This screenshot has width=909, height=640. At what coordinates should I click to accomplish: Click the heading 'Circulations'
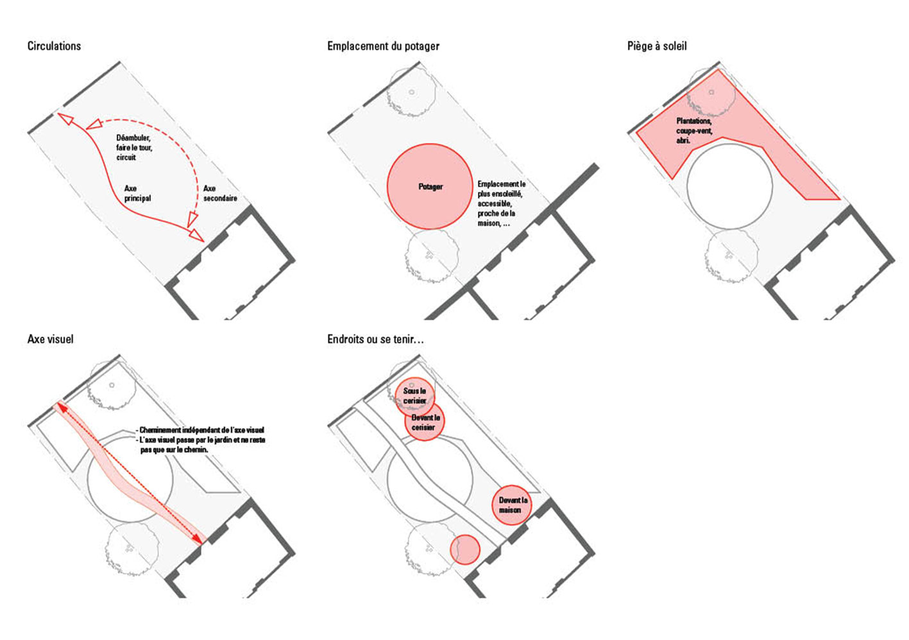coord(54,46)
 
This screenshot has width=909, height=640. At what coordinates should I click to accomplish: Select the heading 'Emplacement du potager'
coord(383,46)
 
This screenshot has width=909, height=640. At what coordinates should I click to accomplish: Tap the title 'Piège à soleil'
coord(656,46)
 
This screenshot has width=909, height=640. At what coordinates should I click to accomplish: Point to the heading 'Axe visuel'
coord(50,339)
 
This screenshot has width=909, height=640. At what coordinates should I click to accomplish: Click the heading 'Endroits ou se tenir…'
coord(375,339)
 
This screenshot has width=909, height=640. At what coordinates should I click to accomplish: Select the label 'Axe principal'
coord(137,193)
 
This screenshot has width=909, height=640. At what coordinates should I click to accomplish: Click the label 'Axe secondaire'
coord(219,193)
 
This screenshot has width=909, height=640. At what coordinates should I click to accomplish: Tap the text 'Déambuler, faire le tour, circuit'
coord(133,148)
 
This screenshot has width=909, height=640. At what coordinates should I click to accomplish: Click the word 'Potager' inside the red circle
coord(430,187)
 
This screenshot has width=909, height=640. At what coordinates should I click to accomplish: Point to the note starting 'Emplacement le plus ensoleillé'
coord(501,203)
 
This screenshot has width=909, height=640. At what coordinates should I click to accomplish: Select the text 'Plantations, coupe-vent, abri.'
coord(693,130)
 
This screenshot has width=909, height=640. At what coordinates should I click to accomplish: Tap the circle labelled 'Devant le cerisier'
coord(425,422)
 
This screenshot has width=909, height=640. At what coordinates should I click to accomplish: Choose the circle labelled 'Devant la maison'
coord(512,505)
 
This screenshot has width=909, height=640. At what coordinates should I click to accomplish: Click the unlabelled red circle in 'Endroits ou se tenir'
coord(465,549)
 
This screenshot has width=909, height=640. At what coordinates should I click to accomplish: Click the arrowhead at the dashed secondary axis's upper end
coord(94,123)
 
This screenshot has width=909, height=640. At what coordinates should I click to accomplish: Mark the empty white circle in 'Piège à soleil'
coord(729,186)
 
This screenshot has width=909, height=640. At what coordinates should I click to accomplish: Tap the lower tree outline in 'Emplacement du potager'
coord(431,256)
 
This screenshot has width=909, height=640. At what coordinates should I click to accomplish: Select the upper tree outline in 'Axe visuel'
coord(112,386)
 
